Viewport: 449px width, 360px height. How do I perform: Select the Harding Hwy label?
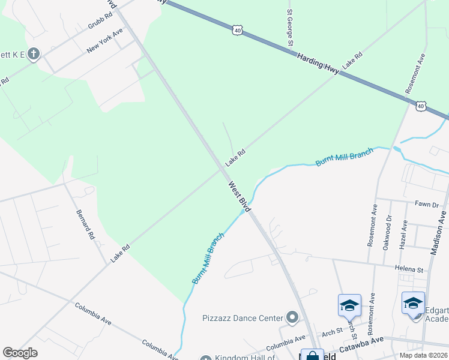point(318,63)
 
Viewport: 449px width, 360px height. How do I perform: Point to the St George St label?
point(289,28)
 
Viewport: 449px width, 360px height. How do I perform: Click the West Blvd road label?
point(238,196)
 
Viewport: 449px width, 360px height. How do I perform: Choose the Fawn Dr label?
point(427,205)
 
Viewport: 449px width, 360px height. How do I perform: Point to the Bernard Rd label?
point(85,224)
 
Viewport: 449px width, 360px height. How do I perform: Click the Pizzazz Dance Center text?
point(243,317)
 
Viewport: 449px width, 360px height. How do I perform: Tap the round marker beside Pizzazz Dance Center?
point(292,317)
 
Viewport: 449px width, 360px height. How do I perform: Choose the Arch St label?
point(331,333)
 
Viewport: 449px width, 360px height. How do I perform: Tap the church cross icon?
point(34,55)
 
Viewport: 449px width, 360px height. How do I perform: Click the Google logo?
point(20,353)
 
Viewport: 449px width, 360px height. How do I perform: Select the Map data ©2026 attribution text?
point(423,355)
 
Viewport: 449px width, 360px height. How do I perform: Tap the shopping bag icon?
point(312,356)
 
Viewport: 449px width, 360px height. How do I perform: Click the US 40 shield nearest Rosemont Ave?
point(420,106)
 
